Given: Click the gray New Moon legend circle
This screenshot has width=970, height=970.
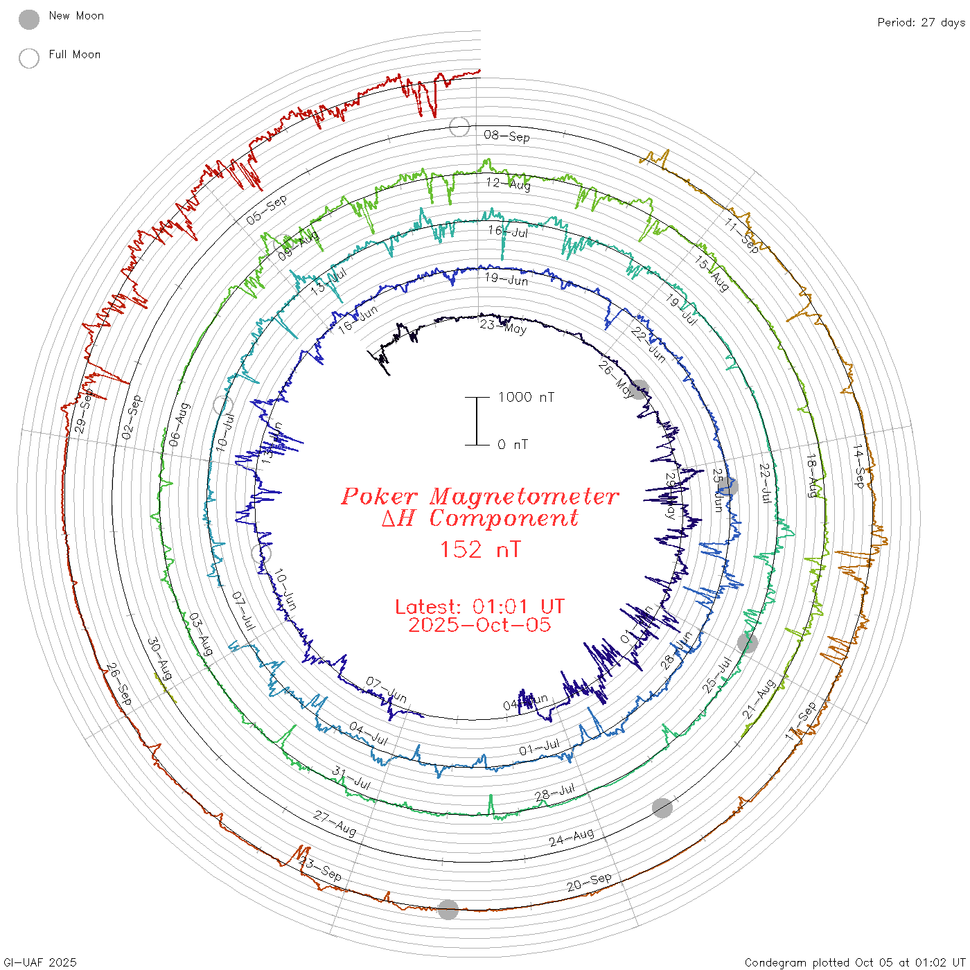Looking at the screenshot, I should [x=29, y=20].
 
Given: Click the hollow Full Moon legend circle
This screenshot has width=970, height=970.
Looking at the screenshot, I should [x=29, y=59].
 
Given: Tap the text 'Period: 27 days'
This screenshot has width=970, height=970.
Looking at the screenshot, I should [x=921, y=23].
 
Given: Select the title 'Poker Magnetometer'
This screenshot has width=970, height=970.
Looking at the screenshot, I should [x=479, y=496].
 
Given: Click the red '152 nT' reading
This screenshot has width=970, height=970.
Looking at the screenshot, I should [x=479, y=549].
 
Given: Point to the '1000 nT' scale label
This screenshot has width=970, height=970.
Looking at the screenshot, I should [x=526, y=397].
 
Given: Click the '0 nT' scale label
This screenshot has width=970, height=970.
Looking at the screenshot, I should [x=513, y=445].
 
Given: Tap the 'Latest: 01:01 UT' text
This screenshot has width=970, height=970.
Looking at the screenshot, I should [x=479, y=607].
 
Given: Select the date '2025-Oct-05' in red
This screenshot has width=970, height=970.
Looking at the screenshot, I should [x=479, y=625].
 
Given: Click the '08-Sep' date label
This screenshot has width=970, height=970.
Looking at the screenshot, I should [x=507, y=136].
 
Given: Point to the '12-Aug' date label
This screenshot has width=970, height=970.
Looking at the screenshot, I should [x=509, y=184].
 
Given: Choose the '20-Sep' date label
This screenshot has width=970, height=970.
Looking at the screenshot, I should [x=589, y=882].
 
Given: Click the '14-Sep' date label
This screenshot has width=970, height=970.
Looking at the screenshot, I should [x=859, y=466].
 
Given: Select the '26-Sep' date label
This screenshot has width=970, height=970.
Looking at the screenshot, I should [x=118, y=684].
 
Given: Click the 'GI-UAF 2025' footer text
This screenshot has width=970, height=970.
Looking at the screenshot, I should [x=40, y=962].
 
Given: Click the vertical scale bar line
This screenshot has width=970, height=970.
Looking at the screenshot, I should [x=477, y=421].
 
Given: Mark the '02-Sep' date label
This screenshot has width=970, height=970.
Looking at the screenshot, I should [x=132, y=417].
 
